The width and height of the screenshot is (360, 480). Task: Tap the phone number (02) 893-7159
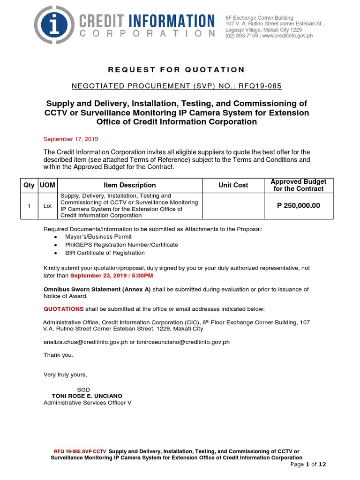coord(241,36)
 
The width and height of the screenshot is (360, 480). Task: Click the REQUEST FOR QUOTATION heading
coord(176,70)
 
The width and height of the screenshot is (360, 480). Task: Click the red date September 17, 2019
coord(71,139)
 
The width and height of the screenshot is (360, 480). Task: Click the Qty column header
coord(29,185)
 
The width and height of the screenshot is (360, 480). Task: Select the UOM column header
coord(47,185)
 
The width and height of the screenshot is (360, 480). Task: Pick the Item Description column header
coord(130,185)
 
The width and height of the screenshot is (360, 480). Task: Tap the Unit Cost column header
coord(233,185)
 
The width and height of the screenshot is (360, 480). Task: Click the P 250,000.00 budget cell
coord(298,205)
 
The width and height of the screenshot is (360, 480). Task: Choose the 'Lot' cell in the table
coord(47,206)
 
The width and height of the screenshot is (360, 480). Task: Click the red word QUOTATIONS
coord(64,309)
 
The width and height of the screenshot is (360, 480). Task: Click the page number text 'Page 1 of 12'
coord(308,464)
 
